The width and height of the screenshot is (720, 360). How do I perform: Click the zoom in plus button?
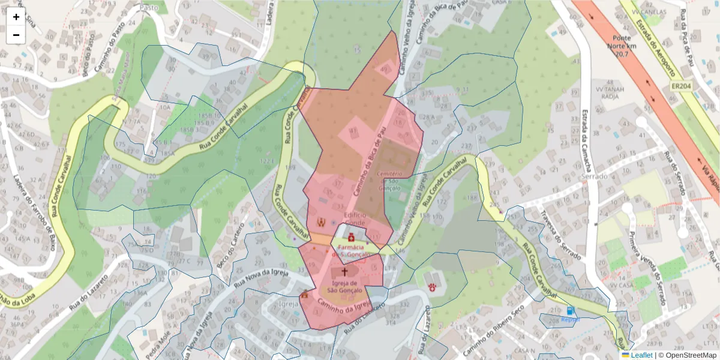click(x=16, y=17)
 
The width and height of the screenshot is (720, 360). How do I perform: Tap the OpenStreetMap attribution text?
click(x=687, y=355)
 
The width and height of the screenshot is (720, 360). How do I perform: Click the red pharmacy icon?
click(x=351, y=237)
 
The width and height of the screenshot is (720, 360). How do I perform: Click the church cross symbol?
click(x=344, y=272)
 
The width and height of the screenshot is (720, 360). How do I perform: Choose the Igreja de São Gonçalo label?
click(x=346, y=287)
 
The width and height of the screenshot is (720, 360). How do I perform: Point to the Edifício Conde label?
click(x=355, y=218)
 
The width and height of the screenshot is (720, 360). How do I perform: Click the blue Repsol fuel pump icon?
click(x=570, y=311)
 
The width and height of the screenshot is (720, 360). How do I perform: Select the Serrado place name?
click(x=594, y=177)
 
